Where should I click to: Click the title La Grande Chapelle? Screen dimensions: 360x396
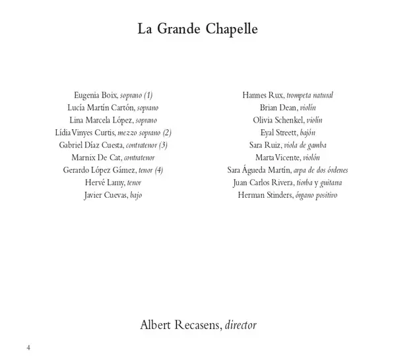tap(197, 30)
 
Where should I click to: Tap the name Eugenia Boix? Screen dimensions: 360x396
tap(96, 96)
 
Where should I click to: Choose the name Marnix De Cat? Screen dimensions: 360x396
tap(96, 158)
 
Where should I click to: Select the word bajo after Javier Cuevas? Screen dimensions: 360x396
tap(136, 195)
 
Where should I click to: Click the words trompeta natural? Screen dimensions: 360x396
tap(309, 96)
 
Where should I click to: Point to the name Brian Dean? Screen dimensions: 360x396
tap(278, 108)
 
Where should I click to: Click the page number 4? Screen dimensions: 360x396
tap(28, 347)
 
